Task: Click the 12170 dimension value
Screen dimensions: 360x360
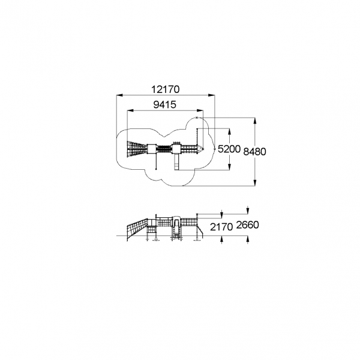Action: point(166,89)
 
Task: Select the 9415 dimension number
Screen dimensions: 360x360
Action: point(165,104)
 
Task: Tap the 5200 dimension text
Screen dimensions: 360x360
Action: point(229,149)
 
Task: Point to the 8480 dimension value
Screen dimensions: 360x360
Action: point(254,152)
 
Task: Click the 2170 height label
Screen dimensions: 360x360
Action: point(221,227)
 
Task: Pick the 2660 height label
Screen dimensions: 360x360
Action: point(247,225)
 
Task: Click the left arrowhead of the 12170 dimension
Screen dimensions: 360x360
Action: point(119,95)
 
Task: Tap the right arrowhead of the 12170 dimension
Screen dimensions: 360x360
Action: point(212,95)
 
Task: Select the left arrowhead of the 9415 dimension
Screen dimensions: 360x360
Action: point(130,110)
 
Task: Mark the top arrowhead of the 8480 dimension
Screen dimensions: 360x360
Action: point(255,121)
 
